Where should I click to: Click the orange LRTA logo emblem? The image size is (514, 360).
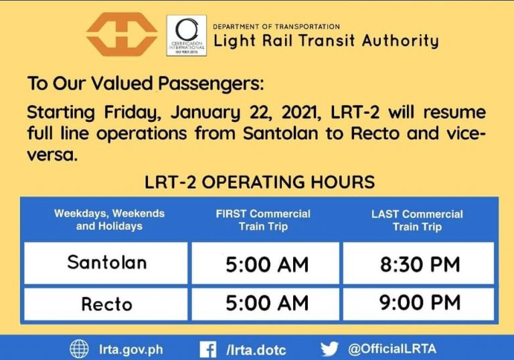coord(122,34)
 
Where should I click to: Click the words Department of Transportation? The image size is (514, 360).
coord(276,26)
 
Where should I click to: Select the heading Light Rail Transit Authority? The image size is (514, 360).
coord(326,41)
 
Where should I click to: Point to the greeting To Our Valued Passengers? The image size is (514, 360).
coord(145,85)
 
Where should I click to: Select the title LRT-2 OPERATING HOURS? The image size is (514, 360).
coord(260,182)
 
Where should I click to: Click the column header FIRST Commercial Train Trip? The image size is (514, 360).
coord(263,219)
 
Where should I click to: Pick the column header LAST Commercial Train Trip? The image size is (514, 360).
coord(417,219)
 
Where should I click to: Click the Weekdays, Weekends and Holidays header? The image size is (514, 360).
coord(109,219)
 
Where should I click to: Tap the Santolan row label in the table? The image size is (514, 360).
coord(106,262)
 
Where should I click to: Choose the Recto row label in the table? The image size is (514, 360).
coord(106,304)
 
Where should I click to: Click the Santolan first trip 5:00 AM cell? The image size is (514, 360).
coord(267,264)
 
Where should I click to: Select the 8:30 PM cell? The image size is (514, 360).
coord(420,264)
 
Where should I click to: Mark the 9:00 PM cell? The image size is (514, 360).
coord(420,303)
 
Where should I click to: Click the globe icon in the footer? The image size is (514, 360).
coord(80,348)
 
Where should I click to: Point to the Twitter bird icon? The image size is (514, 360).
coord(329,348)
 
